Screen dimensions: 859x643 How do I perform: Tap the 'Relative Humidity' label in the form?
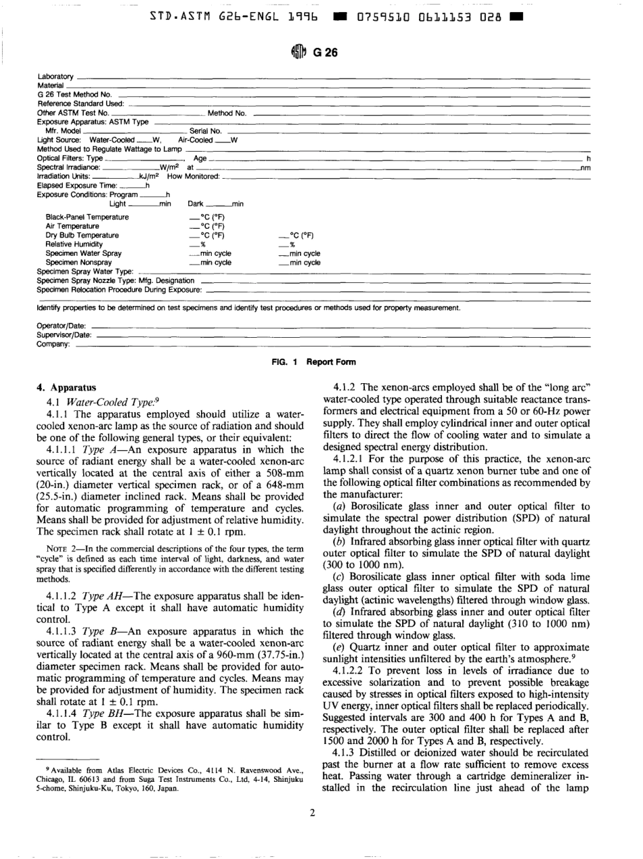pos(74,244)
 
